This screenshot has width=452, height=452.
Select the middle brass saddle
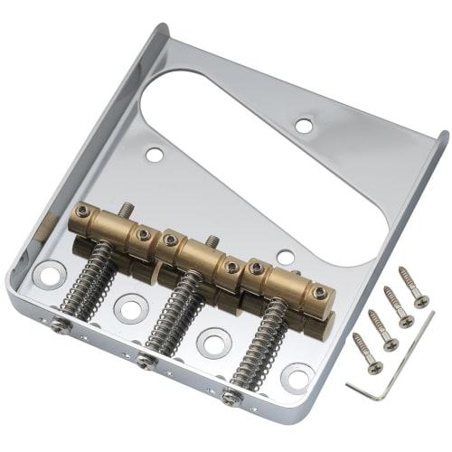pyautogui.click(x=200, y=252)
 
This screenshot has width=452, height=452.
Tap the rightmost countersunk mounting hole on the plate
pyautogui.click(x=296, y=374)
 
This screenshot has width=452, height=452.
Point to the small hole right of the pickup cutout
pyautogui.click(x=305, y=125)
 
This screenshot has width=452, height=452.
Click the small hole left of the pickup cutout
pyautogui.click(x=155, y=155)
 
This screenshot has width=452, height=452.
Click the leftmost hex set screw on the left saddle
pyautogui.click(x=83, y=211)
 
